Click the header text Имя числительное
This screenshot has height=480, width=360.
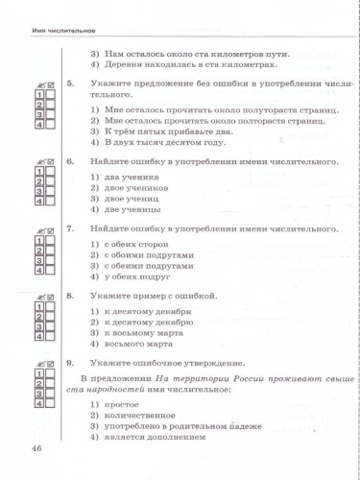click(x=39, y=33)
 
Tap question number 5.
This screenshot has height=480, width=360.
click(x=69, y=84)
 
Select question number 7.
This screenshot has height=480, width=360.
click(x=69, y=229)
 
